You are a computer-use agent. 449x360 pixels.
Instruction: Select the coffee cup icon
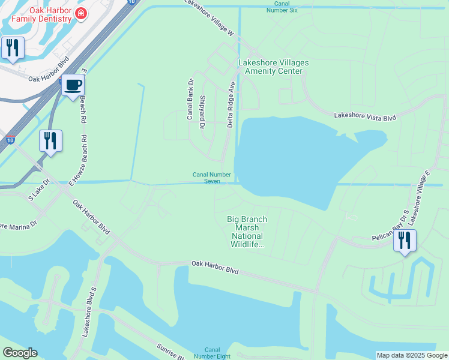coord(73,85)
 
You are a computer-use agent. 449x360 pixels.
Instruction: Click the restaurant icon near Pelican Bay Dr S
coord(405,241)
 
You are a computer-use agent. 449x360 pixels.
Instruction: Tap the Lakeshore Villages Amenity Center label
coord(274,67)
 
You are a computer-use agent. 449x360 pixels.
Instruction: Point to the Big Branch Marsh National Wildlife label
coord(247,232)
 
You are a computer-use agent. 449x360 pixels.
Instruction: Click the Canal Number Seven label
coord(212,178)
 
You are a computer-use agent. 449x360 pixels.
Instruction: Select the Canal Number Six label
coord(286,7)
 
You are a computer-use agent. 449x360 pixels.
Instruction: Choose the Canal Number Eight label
coord(217,353)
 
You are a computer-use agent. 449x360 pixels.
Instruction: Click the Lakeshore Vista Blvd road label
coord(365,116)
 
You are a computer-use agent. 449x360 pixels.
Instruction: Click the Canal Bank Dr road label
coord(190,99)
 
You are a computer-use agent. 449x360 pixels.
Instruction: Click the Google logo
coord(20,353)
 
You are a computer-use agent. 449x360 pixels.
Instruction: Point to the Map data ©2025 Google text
coord(412,355)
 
